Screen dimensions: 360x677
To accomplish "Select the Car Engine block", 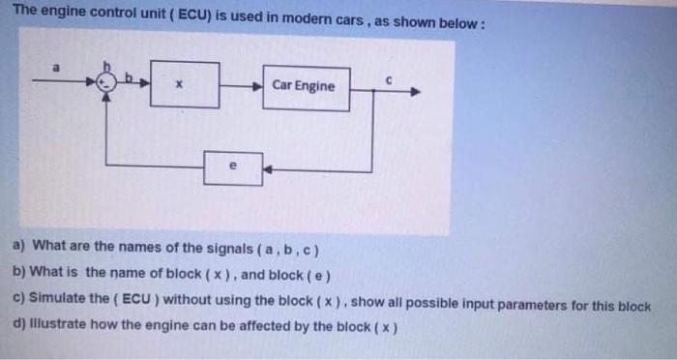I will pos(307,86).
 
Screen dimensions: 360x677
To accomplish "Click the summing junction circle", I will pos(112,85).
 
